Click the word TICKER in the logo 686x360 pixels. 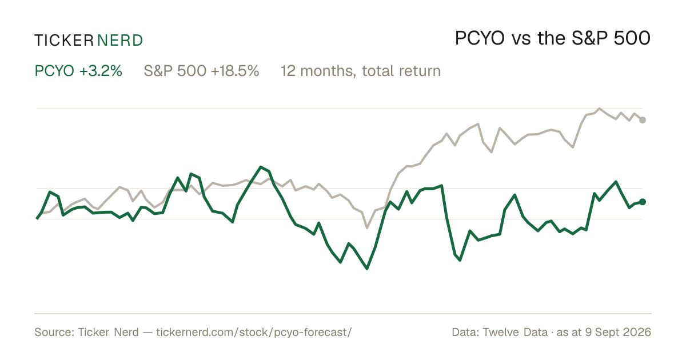[63, 41]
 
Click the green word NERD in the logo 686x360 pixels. [119, 41]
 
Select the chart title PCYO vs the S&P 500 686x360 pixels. [553, 38]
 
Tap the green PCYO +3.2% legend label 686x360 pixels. [78, 71]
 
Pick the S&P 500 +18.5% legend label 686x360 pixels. [201, 71]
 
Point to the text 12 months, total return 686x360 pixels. [361, 71]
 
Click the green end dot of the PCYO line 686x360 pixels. [643, 202]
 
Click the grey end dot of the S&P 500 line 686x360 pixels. [643, 120]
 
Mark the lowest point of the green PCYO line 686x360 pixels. [367, 269]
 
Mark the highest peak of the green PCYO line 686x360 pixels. [261, 167]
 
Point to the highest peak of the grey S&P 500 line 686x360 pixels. [599, 109]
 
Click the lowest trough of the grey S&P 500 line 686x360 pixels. [367, 228]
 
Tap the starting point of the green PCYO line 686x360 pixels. [37, 218]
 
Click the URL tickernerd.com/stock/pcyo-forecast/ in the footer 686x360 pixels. [254, 332]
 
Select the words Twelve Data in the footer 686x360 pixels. [515, 332]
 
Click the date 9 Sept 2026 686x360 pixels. [618, 332]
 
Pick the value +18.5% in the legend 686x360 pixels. [235, 71]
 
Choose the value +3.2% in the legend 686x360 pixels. [101, 71]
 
